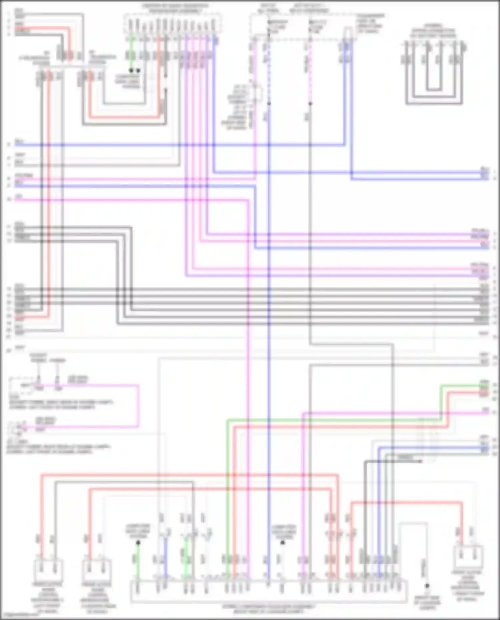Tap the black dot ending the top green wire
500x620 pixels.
pos(131,71)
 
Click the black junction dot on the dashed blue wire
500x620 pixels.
pos(269,104)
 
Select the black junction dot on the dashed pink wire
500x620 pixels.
pos(310,104)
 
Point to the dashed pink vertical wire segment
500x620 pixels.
pos(310,73)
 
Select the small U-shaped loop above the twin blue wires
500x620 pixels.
pos(348,33)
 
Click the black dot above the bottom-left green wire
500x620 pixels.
pos(138,542)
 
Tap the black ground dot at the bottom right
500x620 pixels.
pos(427,586)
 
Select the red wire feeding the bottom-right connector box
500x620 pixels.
pos(462,520)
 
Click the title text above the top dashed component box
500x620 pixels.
pos(175,8)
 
